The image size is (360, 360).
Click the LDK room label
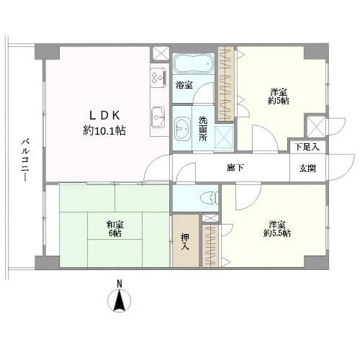104,123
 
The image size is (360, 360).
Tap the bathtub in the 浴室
194,63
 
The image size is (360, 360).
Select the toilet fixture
210,198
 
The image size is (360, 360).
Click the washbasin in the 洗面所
182,128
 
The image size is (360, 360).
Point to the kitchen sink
158,117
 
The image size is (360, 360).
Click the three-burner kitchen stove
158,76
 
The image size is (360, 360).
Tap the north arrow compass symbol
120,301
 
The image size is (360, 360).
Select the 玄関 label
307,168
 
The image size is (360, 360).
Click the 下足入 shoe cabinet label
307,147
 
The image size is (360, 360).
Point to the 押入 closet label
185,242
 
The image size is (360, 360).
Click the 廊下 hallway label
235,168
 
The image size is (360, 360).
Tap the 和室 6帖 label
115,229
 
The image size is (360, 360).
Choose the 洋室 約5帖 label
279,96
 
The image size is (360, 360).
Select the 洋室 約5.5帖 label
277,229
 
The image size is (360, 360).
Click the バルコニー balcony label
24,160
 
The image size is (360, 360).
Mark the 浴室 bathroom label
184,85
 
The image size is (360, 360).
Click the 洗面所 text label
203,129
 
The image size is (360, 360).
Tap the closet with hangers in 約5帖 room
226,84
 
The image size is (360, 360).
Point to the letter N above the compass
120,284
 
